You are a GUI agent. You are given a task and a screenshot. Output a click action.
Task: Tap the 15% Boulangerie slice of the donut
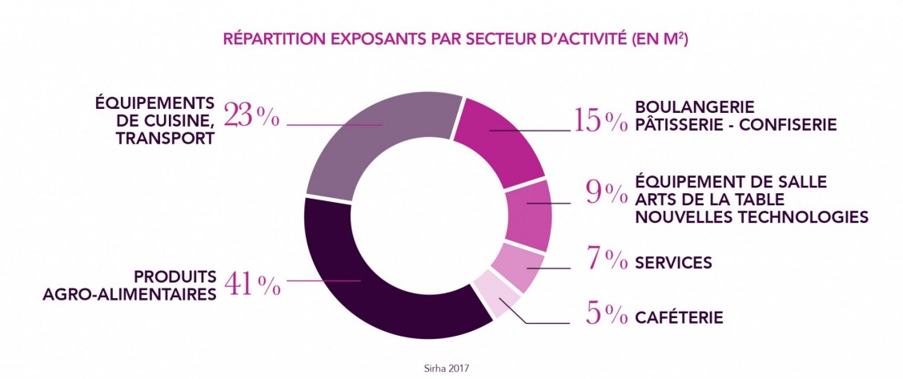tap(500, 140)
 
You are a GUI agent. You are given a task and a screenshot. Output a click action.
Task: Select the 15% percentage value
tap(600, 119)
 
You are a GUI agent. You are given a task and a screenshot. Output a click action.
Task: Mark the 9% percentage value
tap(605, 192)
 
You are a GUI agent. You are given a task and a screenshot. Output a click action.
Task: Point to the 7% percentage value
tap(605, 260)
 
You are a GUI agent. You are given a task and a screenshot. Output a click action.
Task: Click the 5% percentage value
tap(605, 315)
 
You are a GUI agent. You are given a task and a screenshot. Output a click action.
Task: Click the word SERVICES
tap(673, 263)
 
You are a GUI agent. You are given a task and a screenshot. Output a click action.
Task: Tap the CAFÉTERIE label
tap(679, 318)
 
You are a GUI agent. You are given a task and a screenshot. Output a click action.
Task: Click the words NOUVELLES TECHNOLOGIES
tap(751, 217)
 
